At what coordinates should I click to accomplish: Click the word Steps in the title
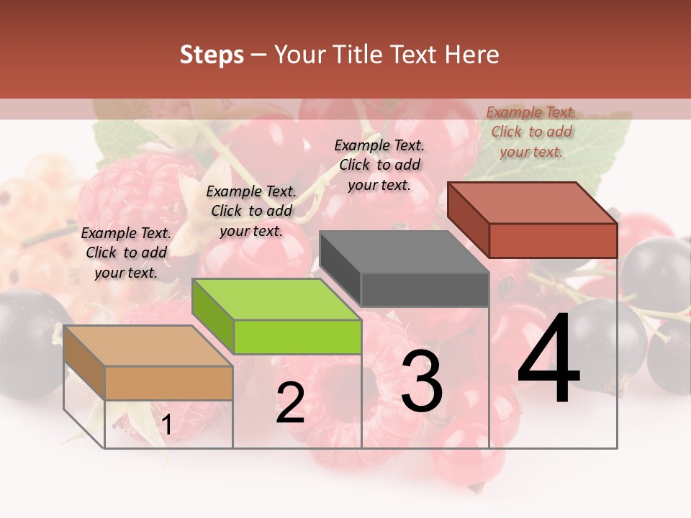212,55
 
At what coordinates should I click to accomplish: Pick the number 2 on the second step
290,403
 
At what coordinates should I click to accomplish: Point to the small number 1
166,425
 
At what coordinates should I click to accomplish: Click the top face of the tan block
148,345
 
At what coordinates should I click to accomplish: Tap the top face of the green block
276,299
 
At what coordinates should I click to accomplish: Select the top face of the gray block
405,251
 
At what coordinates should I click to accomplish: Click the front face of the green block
298,337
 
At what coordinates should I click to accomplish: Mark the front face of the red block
553,240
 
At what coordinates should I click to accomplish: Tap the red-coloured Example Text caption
531,132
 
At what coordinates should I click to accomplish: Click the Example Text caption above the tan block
126,253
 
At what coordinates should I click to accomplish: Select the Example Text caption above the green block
251,211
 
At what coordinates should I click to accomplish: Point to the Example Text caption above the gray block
379,165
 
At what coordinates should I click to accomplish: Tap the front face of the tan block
169,383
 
